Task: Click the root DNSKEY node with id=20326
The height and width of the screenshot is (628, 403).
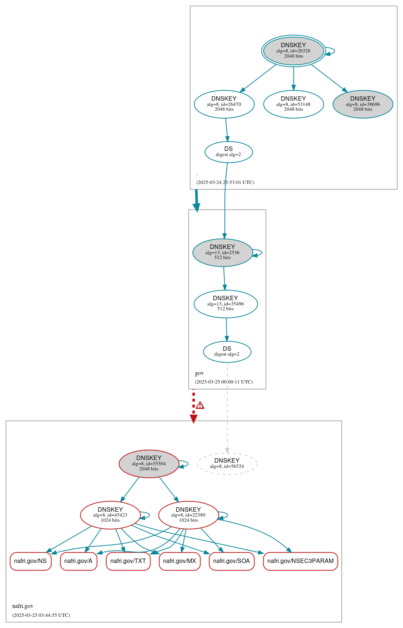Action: click(293, 51)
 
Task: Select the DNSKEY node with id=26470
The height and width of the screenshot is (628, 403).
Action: click(224, 104)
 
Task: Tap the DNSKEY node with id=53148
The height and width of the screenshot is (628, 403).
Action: click(293, 104)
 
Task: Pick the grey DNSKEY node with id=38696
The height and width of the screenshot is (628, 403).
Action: click(363, 104)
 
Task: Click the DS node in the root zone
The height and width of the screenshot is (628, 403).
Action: click(228, 152)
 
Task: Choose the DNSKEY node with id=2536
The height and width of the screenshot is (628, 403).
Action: click(222, 252)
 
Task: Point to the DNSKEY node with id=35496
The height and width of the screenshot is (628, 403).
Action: click(225, 304)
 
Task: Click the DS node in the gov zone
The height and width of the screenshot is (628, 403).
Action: click(227, 351)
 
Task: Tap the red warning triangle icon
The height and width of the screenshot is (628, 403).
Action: click(200, 405)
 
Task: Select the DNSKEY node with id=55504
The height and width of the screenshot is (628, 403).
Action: click(149, 463)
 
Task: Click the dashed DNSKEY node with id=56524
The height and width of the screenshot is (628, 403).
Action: click(227, 463)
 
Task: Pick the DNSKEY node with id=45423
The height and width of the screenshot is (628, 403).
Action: click(110, 515)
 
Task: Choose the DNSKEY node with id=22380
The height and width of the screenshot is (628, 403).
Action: click(188, 515)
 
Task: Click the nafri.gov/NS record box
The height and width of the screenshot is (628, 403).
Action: click(30, 561)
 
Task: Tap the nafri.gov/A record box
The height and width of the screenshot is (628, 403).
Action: click(78, 561)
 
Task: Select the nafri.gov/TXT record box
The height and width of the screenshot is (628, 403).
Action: click(128, 561)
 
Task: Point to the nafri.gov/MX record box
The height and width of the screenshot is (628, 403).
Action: click(179, 561)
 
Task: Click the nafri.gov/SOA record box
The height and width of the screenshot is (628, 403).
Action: click(231, 561)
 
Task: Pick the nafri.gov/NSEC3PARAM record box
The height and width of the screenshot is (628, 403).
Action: click(300, 561)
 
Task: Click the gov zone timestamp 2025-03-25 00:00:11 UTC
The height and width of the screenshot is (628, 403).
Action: click(224, 382)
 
